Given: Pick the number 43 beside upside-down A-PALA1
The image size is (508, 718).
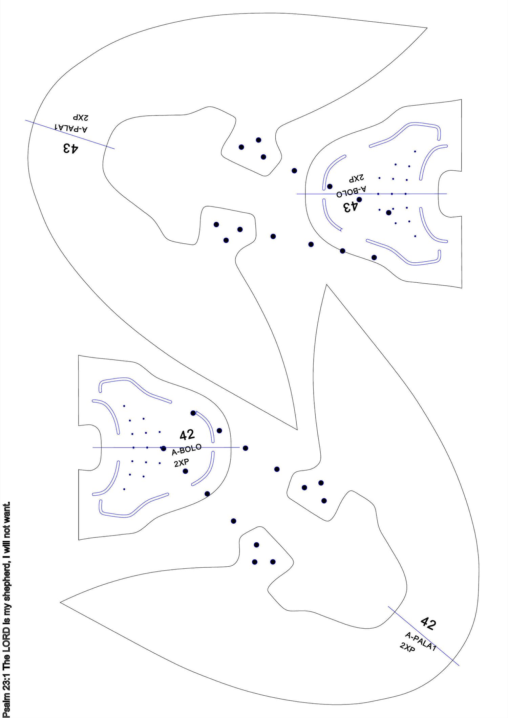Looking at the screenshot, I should click(x=70, y=148).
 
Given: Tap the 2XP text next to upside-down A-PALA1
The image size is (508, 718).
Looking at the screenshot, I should click(x=80, y=117).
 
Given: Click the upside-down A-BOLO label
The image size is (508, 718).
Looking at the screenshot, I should click(x=351, y=191).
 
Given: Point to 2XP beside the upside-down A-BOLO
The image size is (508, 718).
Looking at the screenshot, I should click(x=356, y=177).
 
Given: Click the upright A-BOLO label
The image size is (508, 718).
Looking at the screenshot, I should click(x=187, y=450).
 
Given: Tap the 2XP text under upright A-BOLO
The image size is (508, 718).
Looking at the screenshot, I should click(x=182, y=463).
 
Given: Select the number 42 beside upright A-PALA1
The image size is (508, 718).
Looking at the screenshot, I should click(x=428, y=624).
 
